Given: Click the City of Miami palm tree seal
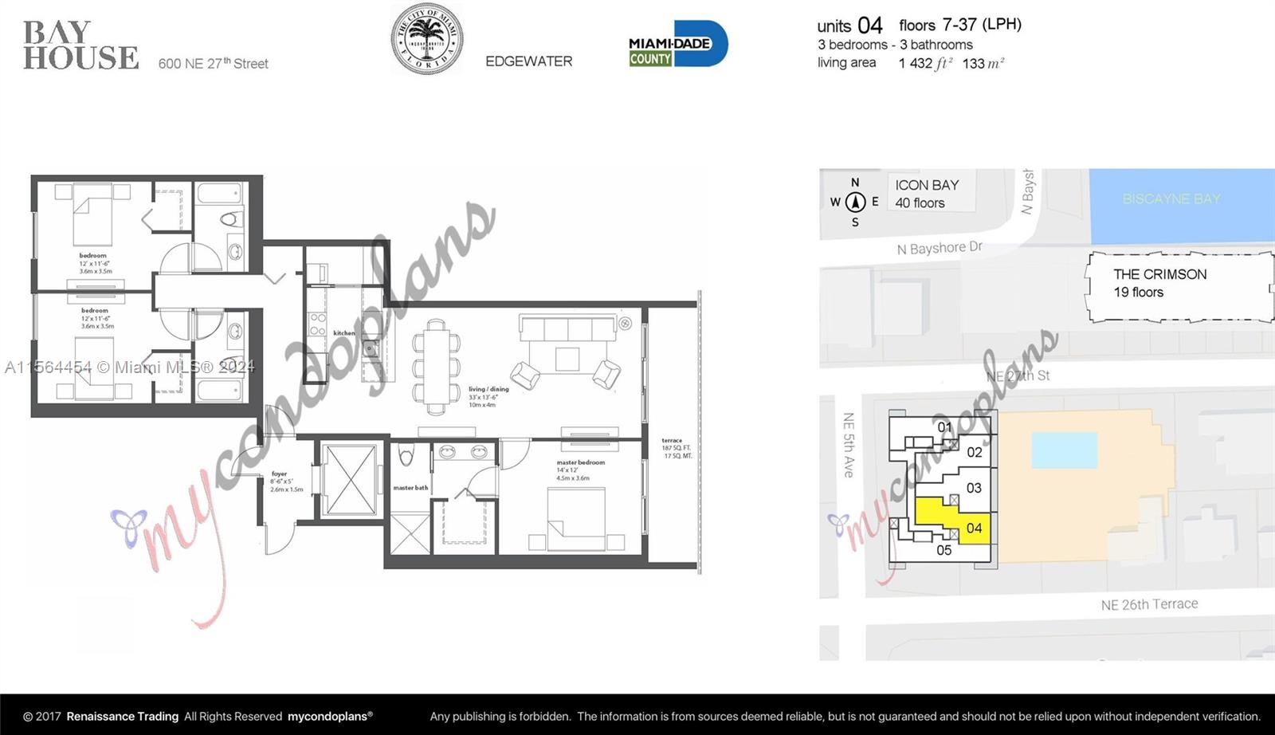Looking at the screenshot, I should point(427,39).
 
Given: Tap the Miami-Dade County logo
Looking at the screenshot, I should point(677,44).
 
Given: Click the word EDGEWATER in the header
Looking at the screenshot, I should point(528,61).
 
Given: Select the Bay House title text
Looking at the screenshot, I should point(80,45).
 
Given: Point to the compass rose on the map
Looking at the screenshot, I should point(855,202).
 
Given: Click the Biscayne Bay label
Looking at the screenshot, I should point(1171,198).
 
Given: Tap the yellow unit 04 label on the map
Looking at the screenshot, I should point(974,528).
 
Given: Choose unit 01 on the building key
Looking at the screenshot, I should point(944,427).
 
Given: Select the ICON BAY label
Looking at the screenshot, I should point(927,185).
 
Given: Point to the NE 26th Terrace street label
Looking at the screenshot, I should point(1149,604).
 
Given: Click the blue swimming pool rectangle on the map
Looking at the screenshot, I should point(1064,450).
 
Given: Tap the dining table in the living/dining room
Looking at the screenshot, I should point(436,367).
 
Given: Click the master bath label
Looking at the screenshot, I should point(410,488).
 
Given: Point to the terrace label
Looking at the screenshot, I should point(672,441).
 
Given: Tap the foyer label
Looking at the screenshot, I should point(279,474).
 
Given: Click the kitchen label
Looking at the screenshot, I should point(343,333).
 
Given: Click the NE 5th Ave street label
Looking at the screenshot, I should point(849,445).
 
